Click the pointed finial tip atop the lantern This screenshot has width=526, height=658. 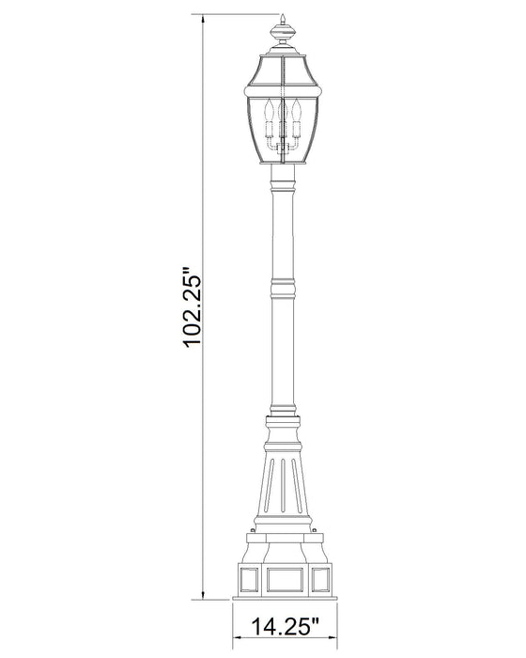point(281,18)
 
